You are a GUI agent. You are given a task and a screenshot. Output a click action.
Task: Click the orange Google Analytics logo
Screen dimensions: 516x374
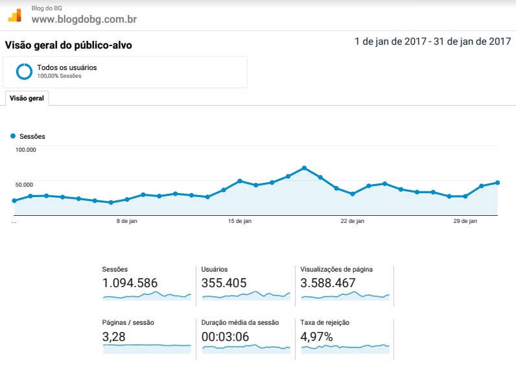15,16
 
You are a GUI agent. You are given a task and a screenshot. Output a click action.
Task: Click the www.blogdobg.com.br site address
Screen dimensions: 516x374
84,19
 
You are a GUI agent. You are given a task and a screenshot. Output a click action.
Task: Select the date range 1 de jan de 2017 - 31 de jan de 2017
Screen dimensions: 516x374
433,41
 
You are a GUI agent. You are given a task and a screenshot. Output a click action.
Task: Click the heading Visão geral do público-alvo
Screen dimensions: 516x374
69,45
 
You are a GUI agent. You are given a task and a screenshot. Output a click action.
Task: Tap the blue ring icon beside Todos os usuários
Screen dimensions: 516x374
25,71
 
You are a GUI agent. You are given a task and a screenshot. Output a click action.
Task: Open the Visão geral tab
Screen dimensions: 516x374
27,99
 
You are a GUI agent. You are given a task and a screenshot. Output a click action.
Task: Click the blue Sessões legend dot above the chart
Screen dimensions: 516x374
13,136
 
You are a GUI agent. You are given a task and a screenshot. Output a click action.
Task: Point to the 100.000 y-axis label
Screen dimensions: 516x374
26,150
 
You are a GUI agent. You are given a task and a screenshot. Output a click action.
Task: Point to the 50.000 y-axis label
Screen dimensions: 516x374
24,185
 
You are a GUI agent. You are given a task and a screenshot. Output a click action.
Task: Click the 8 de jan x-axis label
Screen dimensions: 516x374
126,221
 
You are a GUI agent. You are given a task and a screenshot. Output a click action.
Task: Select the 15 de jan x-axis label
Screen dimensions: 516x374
240,221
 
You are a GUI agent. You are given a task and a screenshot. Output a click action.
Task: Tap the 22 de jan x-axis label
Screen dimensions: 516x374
353,221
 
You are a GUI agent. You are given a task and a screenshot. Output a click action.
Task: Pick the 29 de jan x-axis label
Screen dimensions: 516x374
465,221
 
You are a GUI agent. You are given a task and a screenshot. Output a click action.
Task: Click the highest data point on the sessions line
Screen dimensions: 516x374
305,168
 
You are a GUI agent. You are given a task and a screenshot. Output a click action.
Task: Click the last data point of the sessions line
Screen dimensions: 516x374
498,183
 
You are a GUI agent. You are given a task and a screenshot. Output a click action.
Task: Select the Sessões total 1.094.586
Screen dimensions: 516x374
130,283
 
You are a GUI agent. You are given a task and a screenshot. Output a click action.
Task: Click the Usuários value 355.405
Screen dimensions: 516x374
224,283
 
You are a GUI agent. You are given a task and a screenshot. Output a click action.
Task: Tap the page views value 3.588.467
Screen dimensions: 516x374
328,283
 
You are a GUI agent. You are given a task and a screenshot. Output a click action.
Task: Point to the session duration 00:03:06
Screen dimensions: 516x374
226,337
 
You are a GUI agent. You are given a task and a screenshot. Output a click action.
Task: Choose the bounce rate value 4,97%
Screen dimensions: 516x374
316,337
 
